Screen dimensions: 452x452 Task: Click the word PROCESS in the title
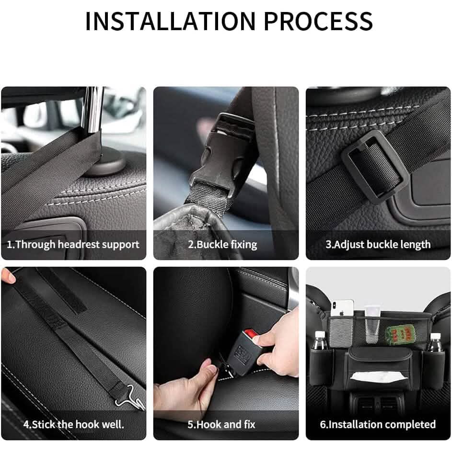(318, 21)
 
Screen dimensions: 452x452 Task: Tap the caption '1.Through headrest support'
(73, 244)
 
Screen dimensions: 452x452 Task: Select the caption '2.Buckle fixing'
(222, 244)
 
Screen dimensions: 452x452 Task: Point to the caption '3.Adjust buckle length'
(378, 244)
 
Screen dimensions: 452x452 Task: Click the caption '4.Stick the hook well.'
(73, 424)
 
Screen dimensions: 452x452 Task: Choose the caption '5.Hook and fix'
(221, 424)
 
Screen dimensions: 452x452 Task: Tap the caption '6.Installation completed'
(378, 424)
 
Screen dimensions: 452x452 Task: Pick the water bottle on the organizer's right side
(435, 343)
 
